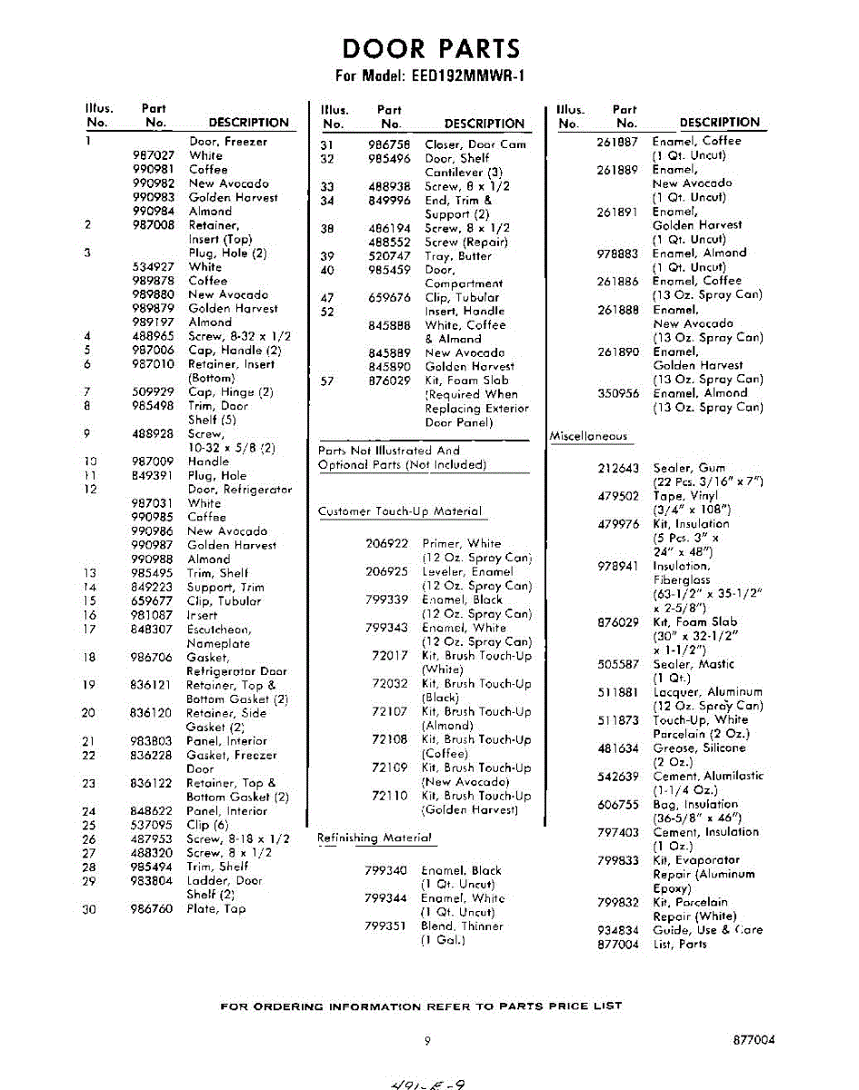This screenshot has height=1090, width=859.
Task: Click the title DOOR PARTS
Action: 431,48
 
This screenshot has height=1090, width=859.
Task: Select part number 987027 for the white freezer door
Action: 153,155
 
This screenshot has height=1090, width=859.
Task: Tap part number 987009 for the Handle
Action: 153,461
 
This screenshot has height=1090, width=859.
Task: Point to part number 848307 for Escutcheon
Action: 153,629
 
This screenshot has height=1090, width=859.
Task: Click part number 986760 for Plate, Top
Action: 152,908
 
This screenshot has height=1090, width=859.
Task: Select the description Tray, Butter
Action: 458,256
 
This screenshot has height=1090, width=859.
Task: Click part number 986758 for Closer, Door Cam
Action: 389,144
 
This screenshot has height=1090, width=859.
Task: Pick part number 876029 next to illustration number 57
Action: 389,381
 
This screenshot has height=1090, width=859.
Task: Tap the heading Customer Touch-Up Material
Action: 400,511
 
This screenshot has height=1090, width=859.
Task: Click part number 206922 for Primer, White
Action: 386,543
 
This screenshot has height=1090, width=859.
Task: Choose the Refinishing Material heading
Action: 374,837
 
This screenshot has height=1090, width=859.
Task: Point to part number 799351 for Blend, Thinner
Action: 385,926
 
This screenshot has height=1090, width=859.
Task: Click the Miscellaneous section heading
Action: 589,436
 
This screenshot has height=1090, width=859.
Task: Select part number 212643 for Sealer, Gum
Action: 618,468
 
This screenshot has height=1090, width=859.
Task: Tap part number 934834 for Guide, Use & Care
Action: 618,930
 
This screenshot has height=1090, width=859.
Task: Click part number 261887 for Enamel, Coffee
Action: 618,141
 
